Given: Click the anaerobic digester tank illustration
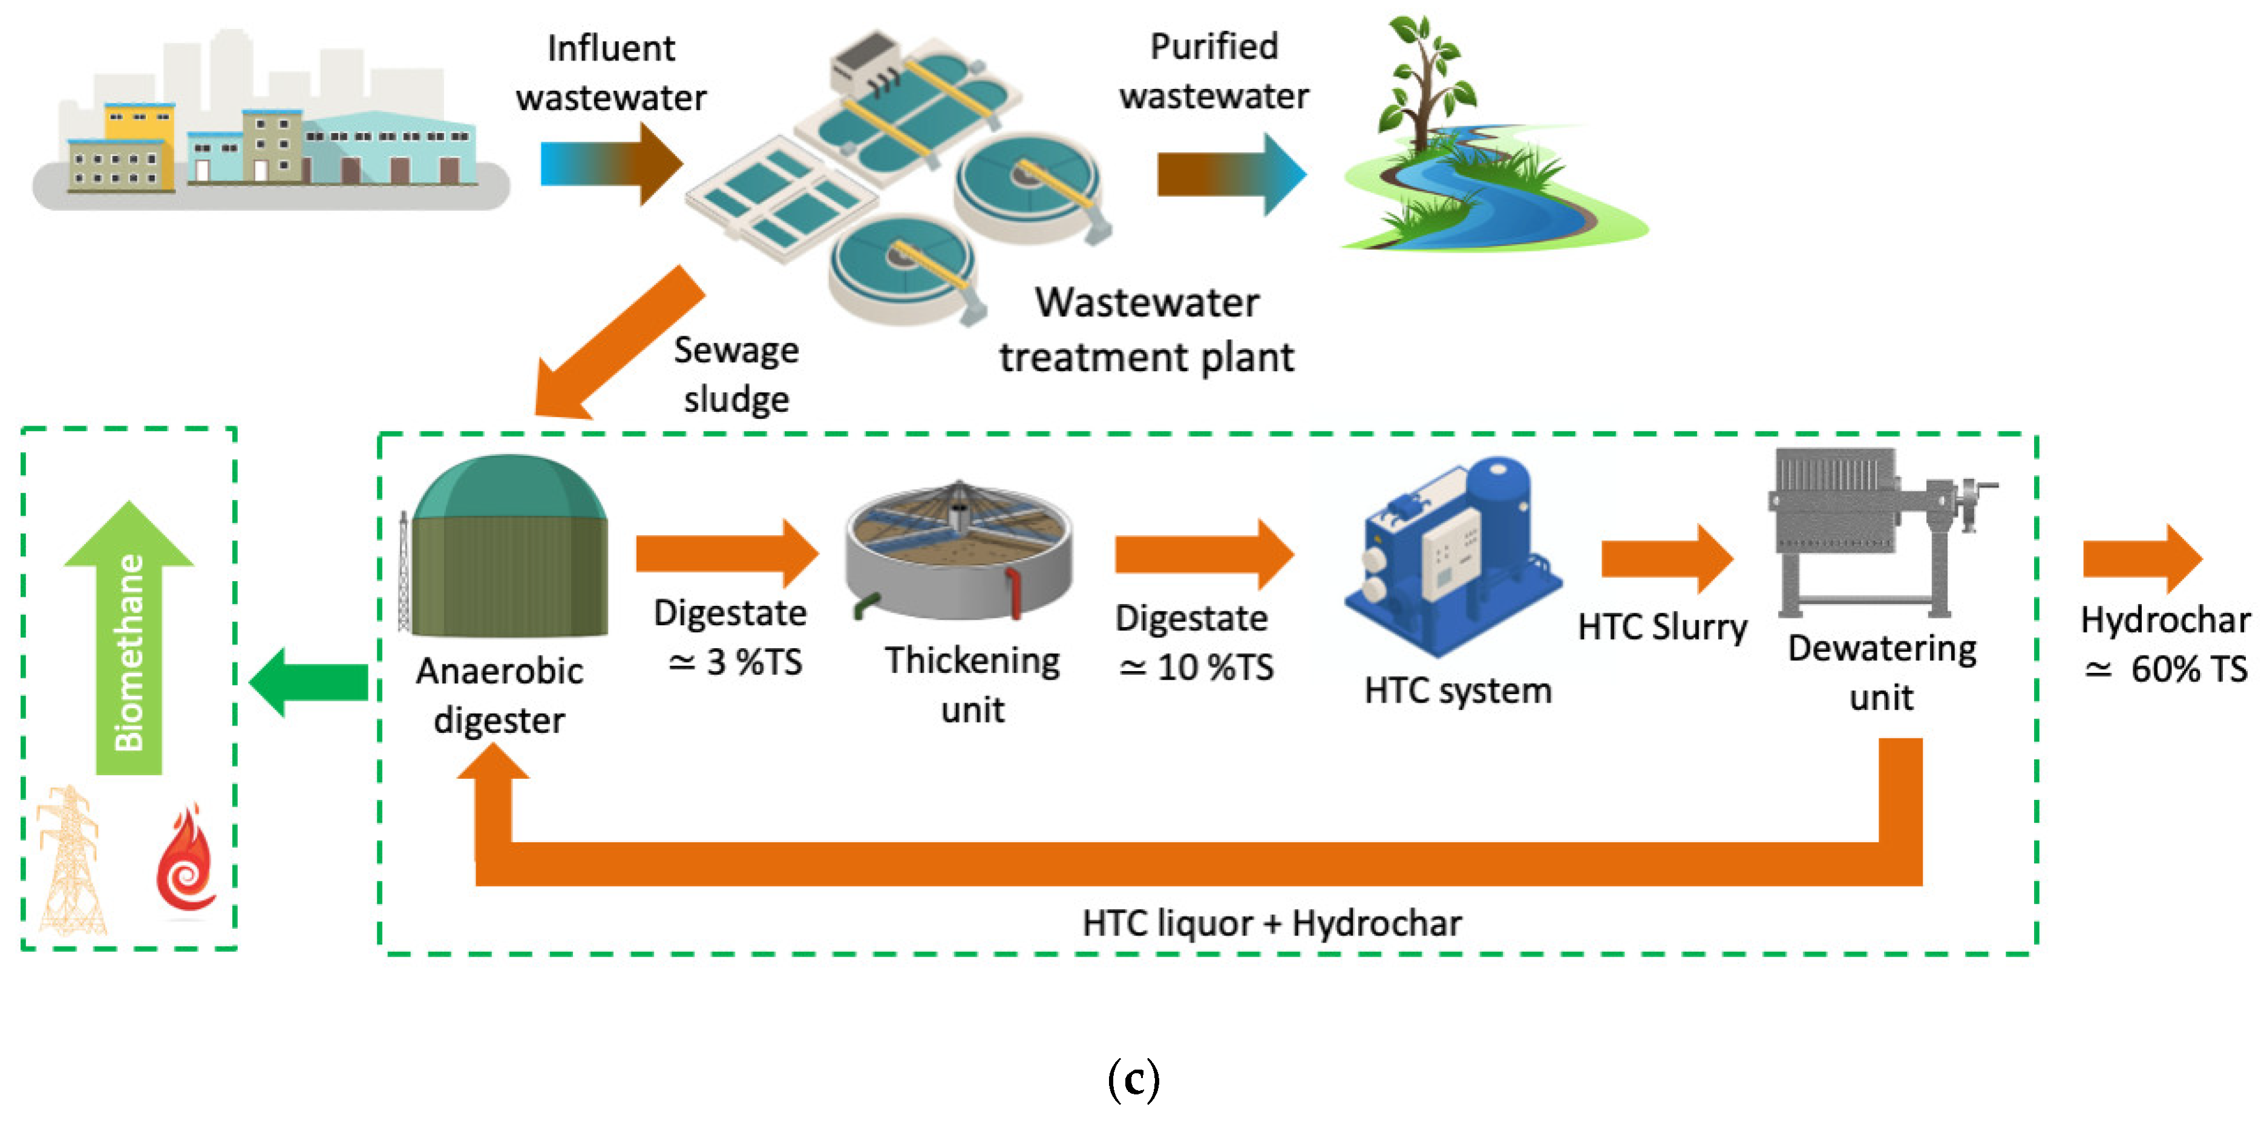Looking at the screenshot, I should (508, 548).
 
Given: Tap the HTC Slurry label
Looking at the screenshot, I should (1661, 627).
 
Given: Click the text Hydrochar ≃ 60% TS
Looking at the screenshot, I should (2164, 645).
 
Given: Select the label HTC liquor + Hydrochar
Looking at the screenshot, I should (1271, 923).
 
